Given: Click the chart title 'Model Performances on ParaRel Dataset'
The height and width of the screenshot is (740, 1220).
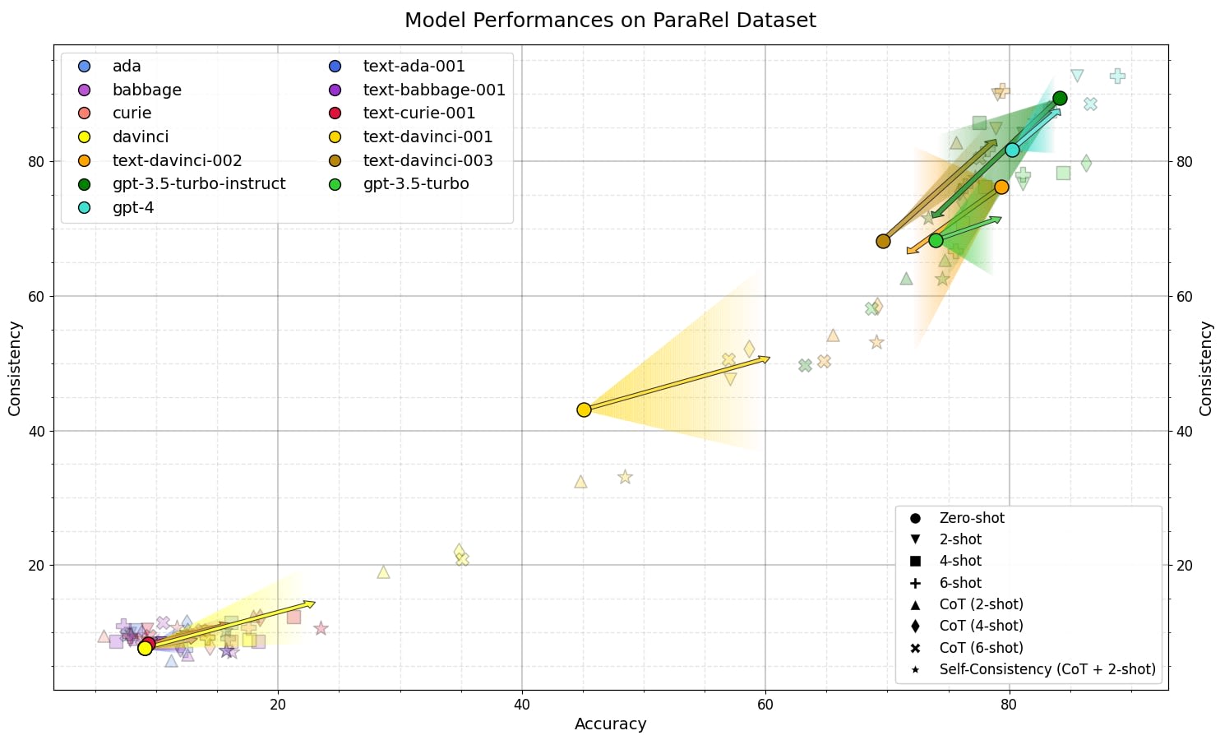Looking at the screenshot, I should (610, 20).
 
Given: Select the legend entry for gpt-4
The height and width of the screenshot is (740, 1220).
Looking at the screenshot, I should (132, 208).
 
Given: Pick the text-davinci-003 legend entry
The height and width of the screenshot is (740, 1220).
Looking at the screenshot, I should (427, 161).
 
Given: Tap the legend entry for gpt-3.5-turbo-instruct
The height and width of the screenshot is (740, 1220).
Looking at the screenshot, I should (199, 184).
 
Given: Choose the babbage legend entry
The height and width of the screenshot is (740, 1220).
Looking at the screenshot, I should (146, 90).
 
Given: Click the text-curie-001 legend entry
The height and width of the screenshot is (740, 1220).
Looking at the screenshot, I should (418, 113).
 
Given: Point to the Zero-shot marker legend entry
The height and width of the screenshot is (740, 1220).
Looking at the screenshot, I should (971, 518).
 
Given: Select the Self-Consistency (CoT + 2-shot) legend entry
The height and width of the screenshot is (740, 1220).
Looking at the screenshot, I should (1047, 669).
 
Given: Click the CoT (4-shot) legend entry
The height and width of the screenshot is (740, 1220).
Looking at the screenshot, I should (981, 627).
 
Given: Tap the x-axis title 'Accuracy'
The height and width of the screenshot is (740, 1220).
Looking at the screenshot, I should (610, 724).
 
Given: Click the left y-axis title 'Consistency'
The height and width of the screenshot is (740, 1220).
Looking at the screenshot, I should (15, 368).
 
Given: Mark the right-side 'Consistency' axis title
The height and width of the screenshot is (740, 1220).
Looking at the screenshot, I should (1205, 368).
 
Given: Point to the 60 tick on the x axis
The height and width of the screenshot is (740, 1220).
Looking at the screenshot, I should (765, 705).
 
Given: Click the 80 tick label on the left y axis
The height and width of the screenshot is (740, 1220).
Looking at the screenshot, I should (36, 162).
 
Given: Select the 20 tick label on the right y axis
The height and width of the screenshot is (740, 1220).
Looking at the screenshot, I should (1185, 566).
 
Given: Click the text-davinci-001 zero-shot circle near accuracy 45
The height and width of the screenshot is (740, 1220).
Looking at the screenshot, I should (584, 409).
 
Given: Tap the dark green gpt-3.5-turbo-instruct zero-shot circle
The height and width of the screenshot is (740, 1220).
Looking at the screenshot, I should (1060, 99).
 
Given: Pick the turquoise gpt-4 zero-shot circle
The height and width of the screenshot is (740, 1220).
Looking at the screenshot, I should (1012, 150).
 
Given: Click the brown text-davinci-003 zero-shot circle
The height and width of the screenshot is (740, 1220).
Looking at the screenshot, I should (883, 241).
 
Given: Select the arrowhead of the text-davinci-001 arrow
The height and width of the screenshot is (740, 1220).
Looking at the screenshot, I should (765, 358).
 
